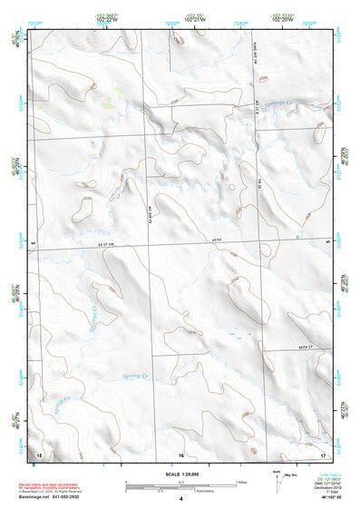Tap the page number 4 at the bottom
[180, 499]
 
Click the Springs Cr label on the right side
[283, 104]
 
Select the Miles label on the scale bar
[241, 481]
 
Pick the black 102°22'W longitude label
[106, 19]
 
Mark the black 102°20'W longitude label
[282, 19]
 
